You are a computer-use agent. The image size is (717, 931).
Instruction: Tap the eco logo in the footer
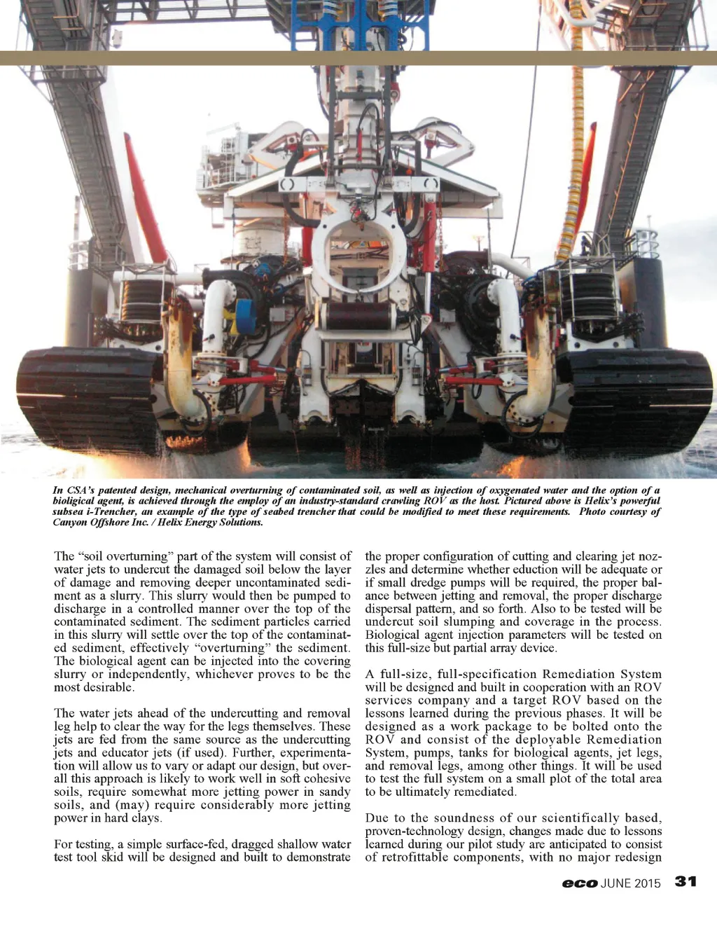[579, 883]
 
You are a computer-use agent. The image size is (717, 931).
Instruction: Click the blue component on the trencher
[244, 315]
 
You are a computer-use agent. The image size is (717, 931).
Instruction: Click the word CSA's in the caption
[81, 490]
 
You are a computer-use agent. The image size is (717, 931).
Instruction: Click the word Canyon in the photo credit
[70, 522]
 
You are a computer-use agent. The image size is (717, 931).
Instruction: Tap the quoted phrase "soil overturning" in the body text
[127, 556]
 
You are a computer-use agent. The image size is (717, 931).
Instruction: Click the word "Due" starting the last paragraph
[377, 818]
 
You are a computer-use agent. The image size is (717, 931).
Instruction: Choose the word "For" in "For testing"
[64, 844]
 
